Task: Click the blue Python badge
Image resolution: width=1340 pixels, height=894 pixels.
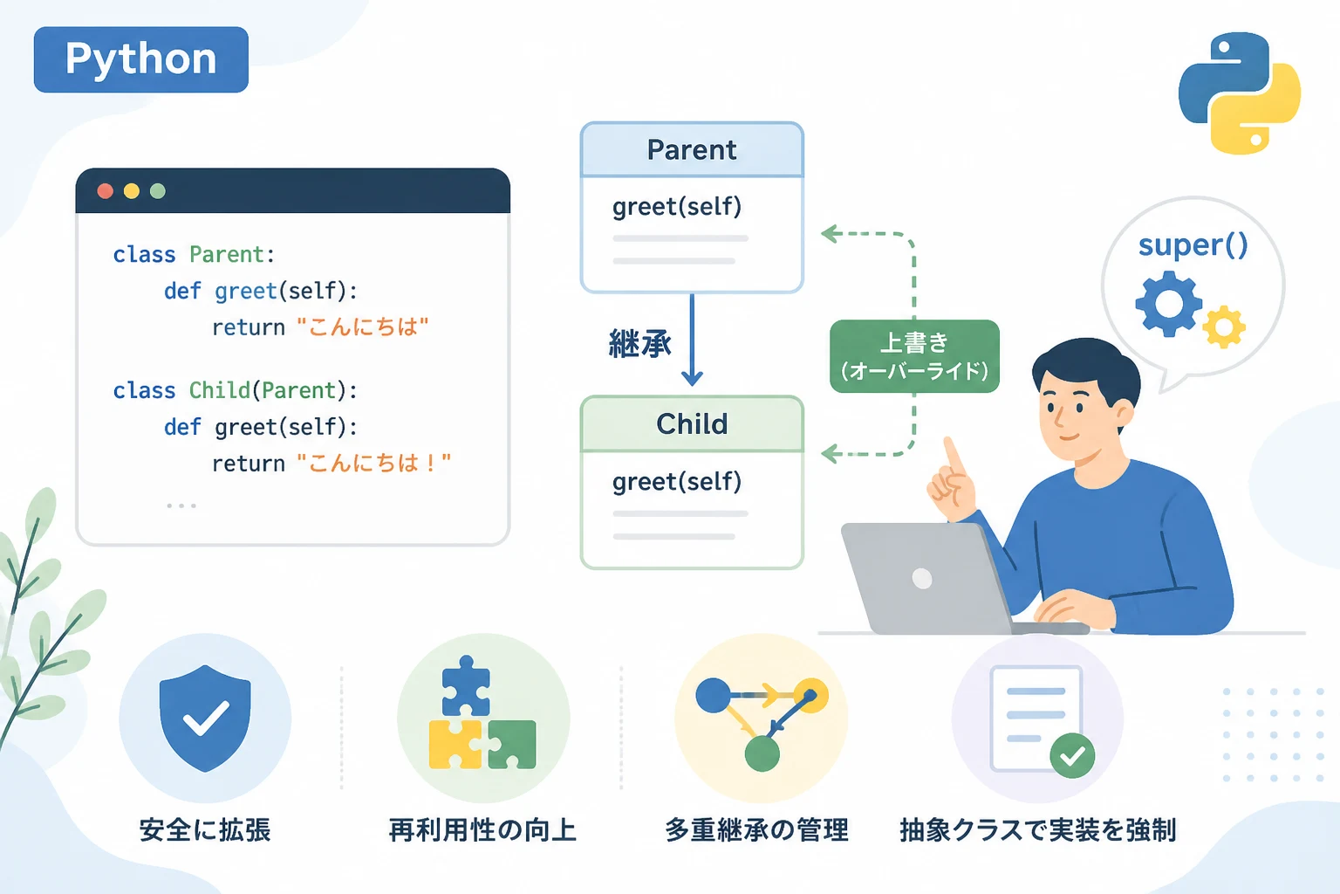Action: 141,59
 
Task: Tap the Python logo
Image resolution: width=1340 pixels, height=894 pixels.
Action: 1239,93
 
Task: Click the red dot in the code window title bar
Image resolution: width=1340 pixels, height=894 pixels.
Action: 106,191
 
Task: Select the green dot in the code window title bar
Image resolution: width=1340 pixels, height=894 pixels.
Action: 157,191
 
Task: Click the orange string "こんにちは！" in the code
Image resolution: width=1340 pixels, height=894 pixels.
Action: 374,463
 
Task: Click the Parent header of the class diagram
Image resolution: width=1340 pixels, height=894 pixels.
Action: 692,149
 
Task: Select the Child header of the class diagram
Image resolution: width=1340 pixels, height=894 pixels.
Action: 692,424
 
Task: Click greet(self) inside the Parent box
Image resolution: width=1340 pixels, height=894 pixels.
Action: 677,207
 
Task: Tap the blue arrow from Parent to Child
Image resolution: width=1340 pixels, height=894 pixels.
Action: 692,340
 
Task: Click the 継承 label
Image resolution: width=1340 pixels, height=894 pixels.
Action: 639,344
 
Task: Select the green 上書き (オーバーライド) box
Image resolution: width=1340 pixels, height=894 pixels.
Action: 914,356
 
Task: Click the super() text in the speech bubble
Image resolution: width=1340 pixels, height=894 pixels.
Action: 1193,245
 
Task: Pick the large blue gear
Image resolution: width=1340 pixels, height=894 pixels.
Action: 1168,304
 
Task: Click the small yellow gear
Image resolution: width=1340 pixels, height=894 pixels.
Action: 1224,327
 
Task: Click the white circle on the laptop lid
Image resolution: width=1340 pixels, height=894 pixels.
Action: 922,579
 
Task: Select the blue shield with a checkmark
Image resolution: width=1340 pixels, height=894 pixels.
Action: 205,718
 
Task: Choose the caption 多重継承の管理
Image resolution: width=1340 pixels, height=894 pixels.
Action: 756,830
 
